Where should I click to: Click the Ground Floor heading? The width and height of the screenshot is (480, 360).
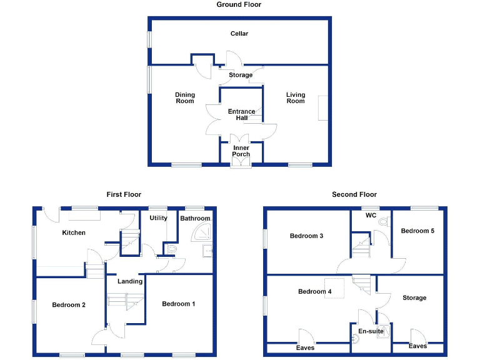click(x=239, y=4)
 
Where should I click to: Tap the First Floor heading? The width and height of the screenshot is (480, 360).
click(x=122, y=194)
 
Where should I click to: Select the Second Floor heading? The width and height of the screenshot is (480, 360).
click(x=354, y=194)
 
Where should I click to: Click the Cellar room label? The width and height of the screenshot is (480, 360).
click(x=239, y=33)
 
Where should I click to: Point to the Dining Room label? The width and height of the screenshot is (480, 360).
click(x=184, y=97)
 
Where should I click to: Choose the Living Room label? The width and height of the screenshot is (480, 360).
click(x=296, y=97)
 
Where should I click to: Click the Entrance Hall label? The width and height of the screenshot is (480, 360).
click(x=241, y=114)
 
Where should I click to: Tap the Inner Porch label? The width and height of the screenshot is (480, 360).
click(x=241, y=151)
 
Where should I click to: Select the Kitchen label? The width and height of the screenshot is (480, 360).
click(x=74, y=232)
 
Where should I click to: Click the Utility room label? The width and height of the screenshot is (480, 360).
click(x=158, y=218)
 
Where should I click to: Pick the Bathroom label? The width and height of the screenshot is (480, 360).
click(x=195, y=218)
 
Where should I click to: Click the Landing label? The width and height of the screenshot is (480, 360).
click(x=130, y=281)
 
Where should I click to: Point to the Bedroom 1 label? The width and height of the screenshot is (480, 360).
click(x=179, y=304)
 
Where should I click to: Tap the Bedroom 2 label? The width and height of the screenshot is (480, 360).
click(x=69, y=304)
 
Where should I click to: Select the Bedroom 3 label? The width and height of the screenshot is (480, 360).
click(x=306, y=236)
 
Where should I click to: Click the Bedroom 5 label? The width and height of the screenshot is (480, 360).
click(x=417, y=231)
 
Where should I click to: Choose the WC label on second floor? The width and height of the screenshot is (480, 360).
click(x=370, y=216)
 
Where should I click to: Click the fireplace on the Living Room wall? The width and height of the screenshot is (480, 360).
click(x=322, y=107)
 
